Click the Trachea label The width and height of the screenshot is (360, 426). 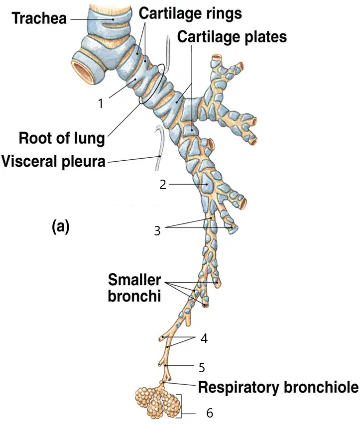point(39,18)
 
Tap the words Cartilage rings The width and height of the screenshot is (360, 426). point(190,13)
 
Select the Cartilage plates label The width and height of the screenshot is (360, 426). point(232,37)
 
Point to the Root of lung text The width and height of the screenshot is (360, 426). point(62,138)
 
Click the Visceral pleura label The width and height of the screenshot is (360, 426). point(53,161)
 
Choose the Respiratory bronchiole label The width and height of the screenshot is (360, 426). point(278,387)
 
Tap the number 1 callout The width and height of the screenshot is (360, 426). point(101,103)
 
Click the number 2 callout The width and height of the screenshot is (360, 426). point(163,185)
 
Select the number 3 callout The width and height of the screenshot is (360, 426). point(157,230)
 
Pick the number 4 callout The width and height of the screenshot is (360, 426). point(204,338)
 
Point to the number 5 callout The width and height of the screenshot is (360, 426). point(202,368)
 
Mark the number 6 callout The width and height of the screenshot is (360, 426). point(210,413)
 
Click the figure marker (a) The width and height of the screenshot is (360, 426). point(61,226)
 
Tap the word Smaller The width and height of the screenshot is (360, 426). point(134,280)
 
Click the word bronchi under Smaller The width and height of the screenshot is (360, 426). point(134,296)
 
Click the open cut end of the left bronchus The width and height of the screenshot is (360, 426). point(82,72)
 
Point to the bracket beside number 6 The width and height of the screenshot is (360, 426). point(180,404)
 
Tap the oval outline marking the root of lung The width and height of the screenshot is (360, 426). point(152,84)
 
